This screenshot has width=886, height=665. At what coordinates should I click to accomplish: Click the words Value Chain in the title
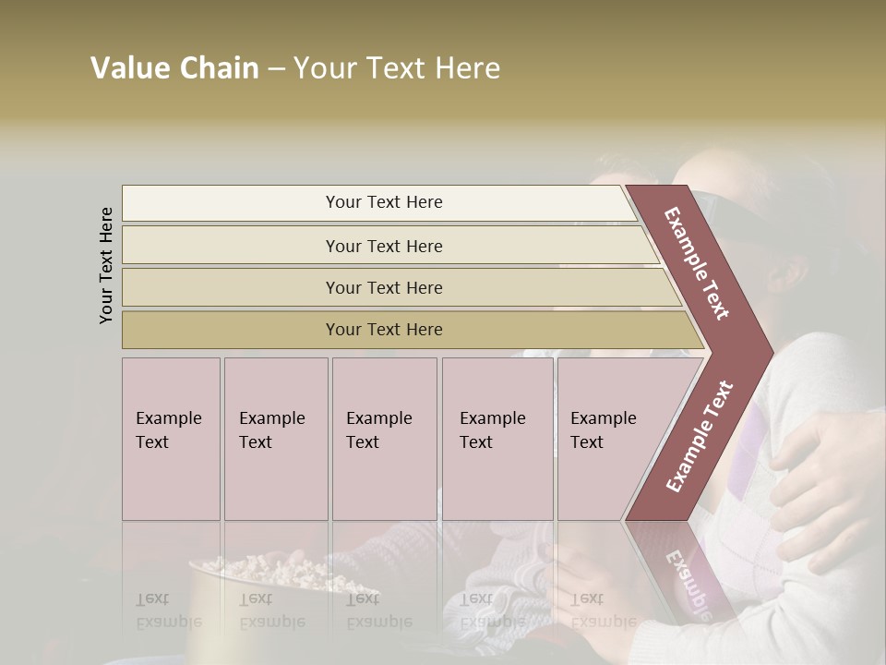point(174,68)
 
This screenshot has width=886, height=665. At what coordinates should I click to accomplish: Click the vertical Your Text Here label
point(106,265)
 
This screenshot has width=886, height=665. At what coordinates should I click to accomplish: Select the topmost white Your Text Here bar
point(383,202)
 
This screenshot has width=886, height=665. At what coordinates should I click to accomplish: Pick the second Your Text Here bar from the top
point(383,246)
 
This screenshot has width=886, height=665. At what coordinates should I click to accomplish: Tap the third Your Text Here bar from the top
point(383,287)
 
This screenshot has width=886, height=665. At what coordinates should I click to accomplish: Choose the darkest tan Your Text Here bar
point(383,330)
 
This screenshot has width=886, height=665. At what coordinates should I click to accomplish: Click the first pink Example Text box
point(171,439)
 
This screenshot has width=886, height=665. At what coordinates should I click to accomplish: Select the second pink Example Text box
point(275,439)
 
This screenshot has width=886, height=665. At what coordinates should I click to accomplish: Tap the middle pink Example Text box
point(384,439)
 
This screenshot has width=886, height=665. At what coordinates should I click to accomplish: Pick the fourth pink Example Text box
point(497,439)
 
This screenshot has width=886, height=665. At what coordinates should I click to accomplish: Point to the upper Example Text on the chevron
point(698,263)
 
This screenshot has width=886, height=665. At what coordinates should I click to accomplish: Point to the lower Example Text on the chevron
point(700,436)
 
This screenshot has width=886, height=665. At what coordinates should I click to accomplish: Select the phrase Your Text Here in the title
point(397,68)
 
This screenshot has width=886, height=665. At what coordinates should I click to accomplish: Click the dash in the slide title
point(276,68)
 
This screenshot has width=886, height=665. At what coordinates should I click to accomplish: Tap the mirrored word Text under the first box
point(152,599)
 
